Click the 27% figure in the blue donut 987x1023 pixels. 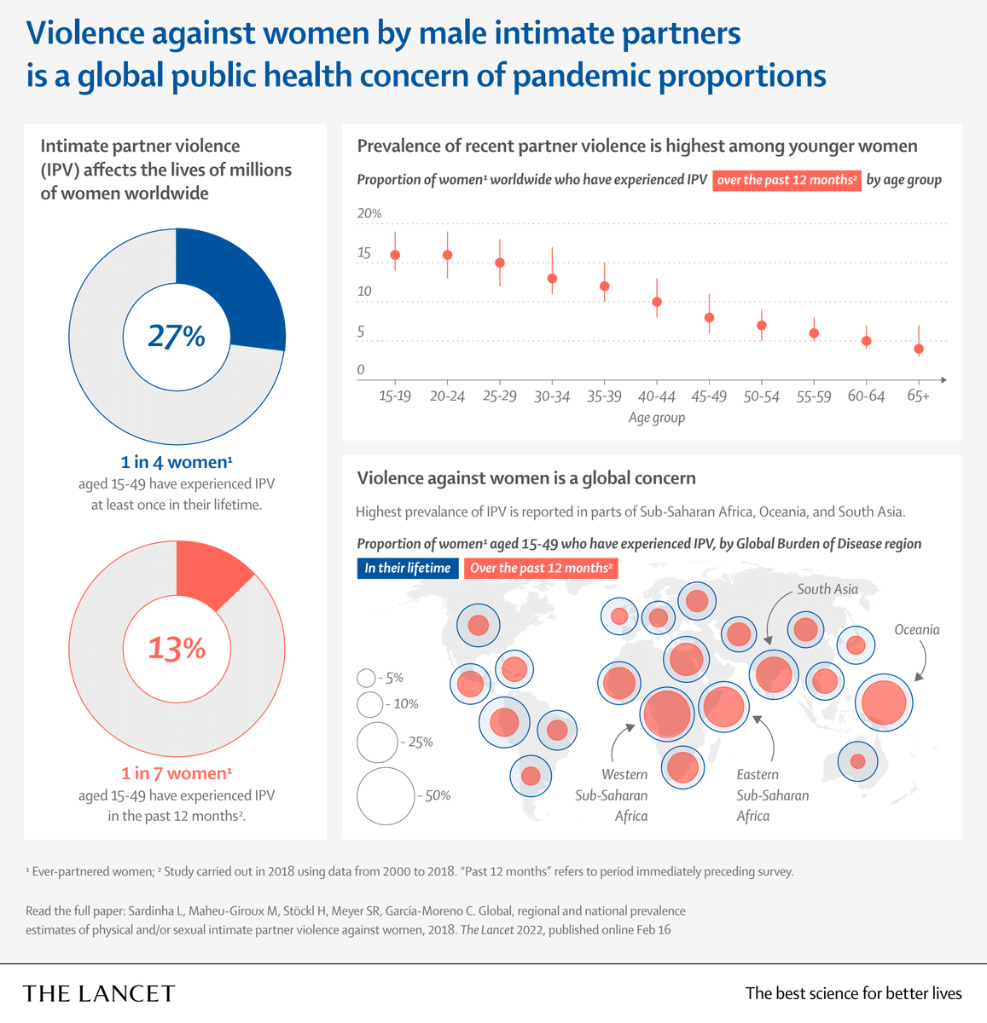click(x=177, y=337)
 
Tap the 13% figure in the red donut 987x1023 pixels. click(x=177, y=649)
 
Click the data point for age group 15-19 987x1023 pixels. click(x=395, y=255)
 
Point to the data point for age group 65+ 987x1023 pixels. click(x=919, y=349)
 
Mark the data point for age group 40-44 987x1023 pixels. click(x=657, y=302)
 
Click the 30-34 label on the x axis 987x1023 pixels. click(x=552, y=396)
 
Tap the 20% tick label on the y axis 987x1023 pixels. click(x=369, y=213)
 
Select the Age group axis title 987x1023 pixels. click(x=657, y=418)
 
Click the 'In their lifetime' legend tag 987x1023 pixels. click(x=407, y=569)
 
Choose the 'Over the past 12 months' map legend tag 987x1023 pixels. click(x=541, y=569)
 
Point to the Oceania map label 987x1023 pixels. click(x=916, y=630)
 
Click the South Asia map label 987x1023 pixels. click(x=827, y=589)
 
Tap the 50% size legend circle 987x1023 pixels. click(x=386, y=795)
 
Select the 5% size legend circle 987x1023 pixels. click(x=366, y=678)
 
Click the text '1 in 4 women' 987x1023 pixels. click(x=176, y=462)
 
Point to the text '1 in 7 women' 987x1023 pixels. click(x=176, y=773)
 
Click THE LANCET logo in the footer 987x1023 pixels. click(x=99, y=993)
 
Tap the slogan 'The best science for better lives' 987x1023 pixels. click(x=853, y=993)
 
